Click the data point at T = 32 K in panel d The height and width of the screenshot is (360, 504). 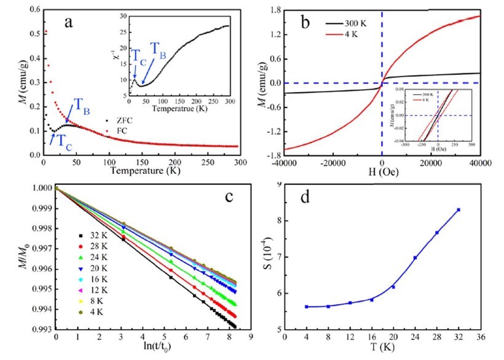tap(459, 210)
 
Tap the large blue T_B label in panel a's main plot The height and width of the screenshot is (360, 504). tap(84, 105)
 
